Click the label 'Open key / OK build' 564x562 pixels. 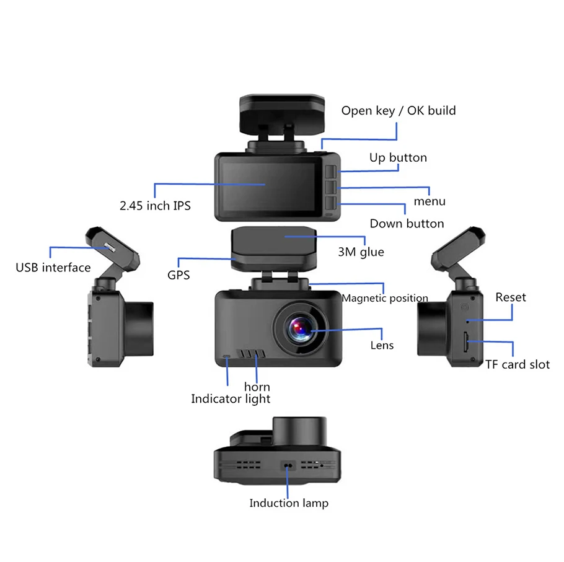399,111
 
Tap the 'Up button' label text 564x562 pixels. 398,157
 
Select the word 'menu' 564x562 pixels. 430,201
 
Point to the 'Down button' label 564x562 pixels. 407,223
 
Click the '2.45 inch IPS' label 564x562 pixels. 155,205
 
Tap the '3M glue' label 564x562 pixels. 361,252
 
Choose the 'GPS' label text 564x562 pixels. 178,274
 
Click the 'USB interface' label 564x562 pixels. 53,268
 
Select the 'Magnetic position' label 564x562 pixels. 385,298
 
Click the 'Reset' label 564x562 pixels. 510,297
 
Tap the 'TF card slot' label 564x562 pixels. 517,364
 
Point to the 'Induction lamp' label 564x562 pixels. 289,503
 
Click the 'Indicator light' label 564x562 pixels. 231,398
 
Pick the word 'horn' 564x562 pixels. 257,387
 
